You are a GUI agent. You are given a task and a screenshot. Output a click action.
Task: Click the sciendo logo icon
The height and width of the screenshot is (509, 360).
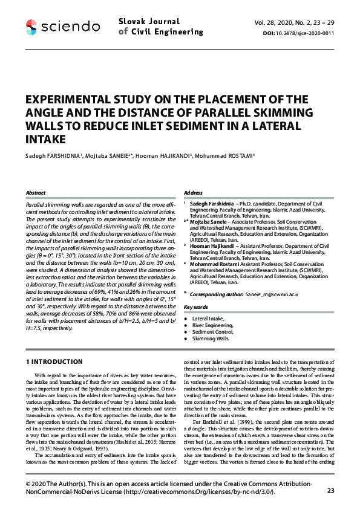click(x=31, y=27)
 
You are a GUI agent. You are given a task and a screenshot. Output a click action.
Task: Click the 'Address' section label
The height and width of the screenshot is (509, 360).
click(x=193, y=193)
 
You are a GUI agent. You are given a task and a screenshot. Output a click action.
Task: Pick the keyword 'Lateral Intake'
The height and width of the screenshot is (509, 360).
click(x=208, y=318)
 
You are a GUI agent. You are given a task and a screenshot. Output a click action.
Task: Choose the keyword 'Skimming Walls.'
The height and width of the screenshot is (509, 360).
click(x=211, y=340)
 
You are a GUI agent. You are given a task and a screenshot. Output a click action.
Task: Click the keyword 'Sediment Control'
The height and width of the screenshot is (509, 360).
click(x=212, y=332)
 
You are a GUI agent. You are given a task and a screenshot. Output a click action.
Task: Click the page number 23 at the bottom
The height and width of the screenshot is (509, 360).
click(x=330, y=490)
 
